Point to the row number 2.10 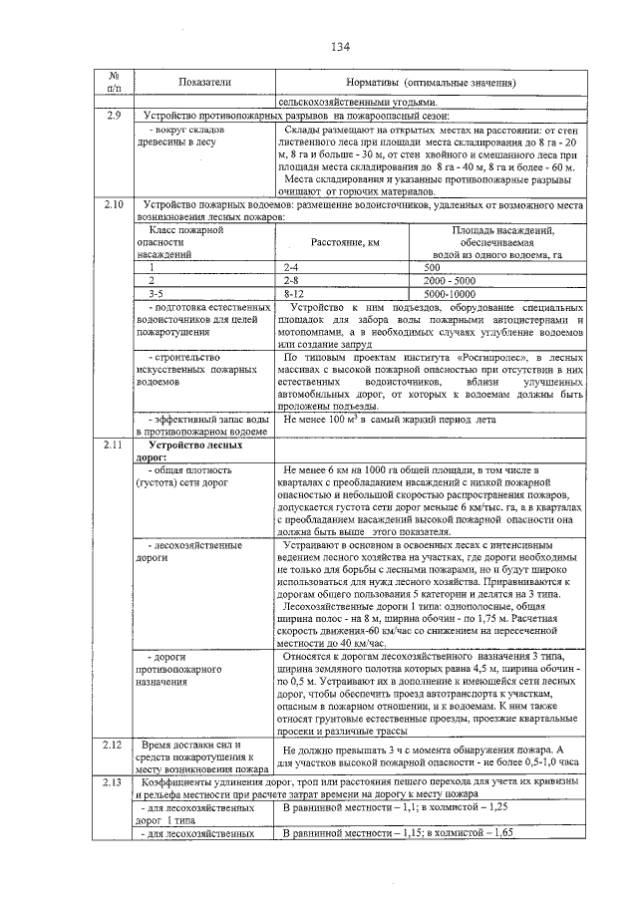coord(113,204)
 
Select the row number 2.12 coord(113,745)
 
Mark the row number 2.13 coord(113,782)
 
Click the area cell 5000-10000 coord(451,294)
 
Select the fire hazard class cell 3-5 coord(158,294)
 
